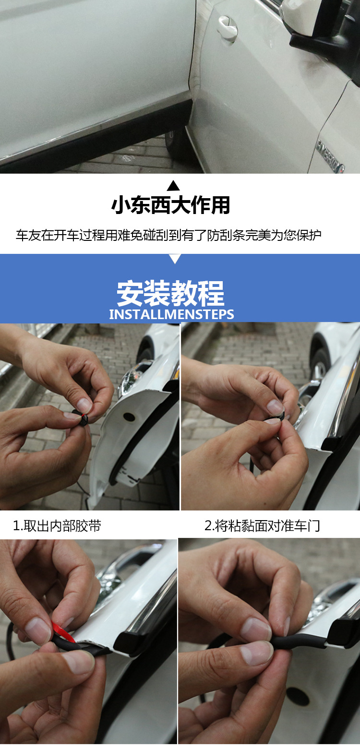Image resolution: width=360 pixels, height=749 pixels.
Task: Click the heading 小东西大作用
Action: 170,204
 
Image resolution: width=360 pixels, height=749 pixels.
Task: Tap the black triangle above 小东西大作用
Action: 173,186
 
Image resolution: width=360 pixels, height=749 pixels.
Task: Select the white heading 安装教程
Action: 170,293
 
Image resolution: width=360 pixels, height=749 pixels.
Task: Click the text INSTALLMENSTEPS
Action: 172,314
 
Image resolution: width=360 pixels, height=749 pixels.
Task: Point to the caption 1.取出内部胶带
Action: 57,525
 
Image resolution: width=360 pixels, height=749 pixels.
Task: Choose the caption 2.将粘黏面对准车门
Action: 262,525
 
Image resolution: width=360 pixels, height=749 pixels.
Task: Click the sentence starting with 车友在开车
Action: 168,236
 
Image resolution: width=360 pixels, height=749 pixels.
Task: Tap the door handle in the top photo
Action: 227,27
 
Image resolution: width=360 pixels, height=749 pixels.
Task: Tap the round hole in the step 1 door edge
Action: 129,417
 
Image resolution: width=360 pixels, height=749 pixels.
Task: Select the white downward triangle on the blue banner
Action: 175,259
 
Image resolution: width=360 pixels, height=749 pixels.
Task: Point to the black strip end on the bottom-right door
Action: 338,633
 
